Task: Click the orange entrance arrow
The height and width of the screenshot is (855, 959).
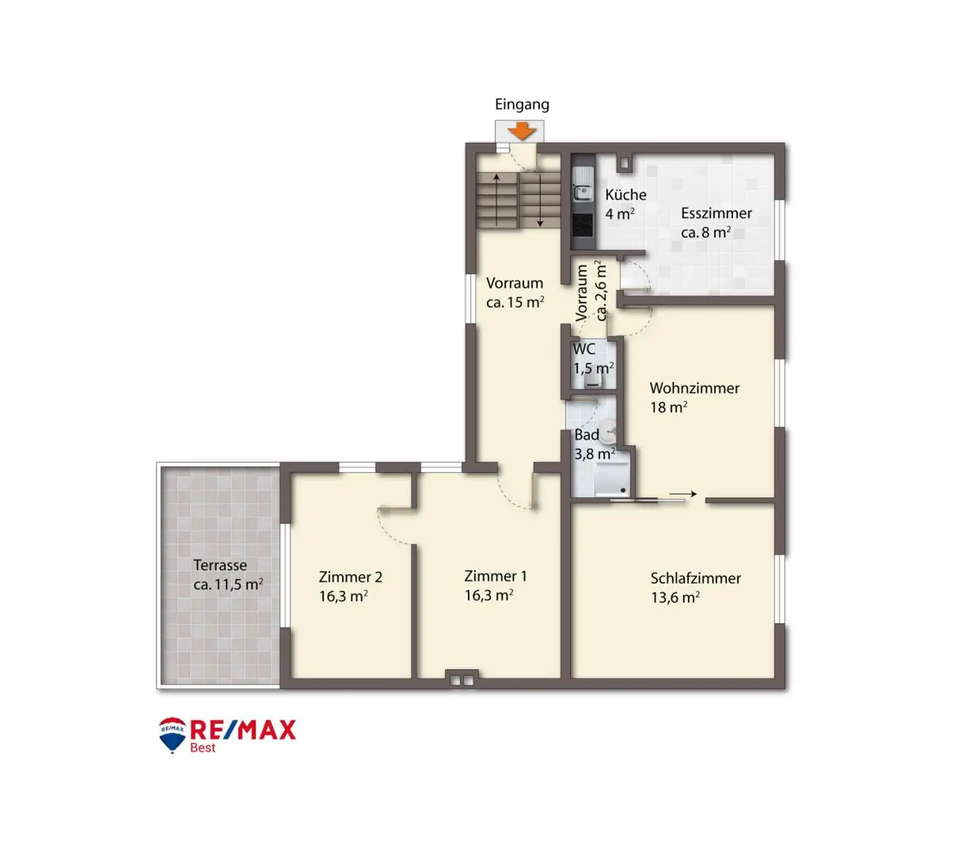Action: click(x=521, y=131)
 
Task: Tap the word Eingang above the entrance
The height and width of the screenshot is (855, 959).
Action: click(x=522, y=105)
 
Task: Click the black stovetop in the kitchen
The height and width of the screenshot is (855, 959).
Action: click(x=583, y=225)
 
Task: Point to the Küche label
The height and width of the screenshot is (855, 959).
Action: click(x=626, y=195)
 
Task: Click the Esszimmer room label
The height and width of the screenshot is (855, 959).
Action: click(x=716, y=214)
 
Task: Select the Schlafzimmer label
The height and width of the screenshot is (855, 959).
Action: click(x=696, y=578)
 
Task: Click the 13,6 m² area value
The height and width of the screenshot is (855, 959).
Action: click(x=675, y=598)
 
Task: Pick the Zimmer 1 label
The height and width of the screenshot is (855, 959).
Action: click(x=495, y=576)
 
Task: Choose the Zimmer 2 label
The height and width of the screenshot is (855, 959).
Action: click(x=350, y=577)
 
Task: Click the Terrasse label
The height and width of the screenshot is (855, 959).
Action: click(x=220, y=565)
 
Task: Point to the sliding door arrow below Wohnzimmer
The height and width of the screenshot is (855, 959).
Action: click(x=683, y=494)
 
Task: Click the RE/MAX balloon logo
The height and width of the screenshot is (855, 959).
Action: click(x=172, y=734)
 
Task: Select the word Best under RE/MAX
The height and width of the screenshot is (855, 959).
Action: click(x=202, y=748)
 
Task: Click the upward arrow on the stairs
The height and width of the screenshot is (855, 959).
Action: click(x=496, y=199)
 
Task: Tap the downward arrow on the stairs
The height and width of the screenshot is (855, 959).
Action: click(x=540, y=199)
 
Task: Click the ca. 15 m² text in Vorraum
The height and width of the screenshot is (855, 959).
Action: click(x=515, y=302)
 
